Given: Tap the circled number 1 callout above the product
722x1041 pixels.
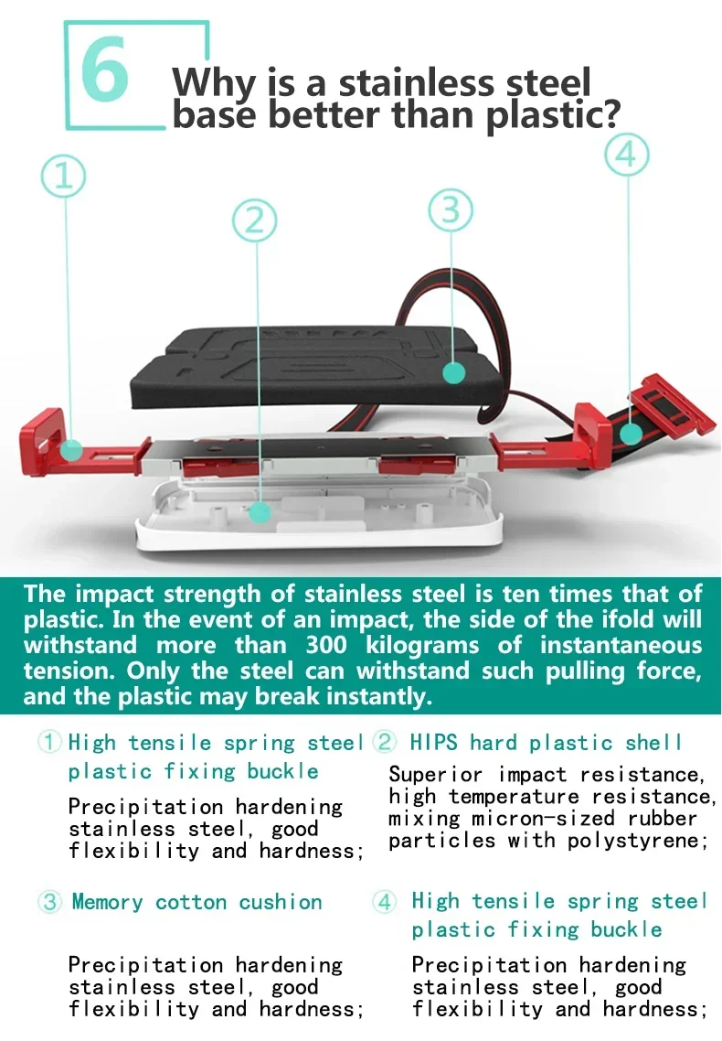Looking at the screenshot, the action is tap(64, 177).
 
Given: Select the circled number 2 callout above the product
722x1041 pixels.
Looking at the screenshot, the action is tap(255, 220).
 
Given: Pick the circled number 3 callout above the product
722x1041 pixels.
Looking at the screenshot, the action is tap(451, 210).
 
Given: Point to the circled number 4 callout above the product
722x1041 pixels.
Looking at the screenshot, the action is tap(627, 155).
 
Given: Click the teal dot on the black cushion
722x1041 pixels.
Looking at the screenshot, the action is tap(453, 372).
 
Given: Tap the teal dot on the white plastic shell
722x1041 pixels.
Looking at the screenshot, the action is tap(260, 511).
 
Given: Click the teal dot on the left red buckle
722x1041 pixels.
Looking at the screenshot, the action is tap(71, 451).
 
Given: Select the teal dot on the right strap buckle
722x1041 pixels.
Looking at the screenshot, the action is tap(632, 434).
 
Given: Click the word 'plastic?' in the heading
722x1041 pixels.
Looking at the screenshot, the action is tap(553, 115).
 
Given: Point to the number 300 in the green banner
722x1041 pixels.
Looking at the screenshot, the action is tap(326, 645).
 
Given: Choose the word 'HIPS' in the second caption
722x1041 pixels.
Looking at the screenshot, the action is tap(433, 742).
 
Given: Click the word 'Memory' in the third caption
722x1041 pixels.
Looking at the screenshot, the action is tap(108, 902).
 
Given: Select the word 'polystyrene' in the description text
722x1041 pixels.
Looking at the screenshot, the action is tap(634, 841).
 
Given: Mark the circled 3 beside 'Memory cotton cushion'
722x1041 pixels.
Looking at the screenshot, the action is tap(49, 902).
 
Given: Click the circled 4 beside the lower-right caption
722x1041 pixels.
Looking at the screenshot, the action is tap(385, 902).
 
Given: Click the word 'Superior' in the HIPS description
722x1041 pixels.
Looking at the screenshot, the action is tap(437, 776).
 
